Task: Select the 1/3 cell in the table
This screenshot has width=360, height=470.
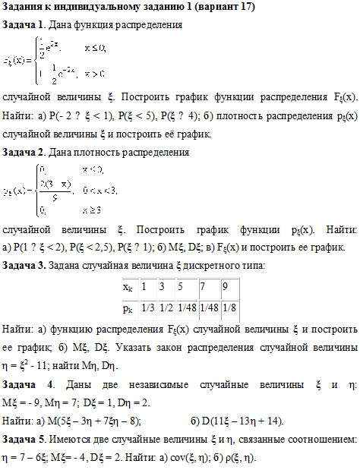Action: click(x=146, y=308)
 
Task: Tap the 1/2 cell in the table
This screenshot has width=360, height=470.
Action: click(x=164, y=308)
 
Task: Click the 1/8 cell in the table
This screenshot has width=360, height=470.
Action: click(x=229, y=308)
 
